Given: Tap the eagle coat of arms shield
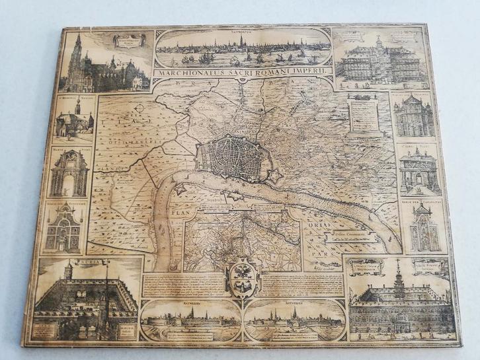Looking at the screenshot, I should click(241, 277).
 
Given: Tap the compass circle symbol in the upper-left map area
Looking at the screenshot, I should click(138, 109).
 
